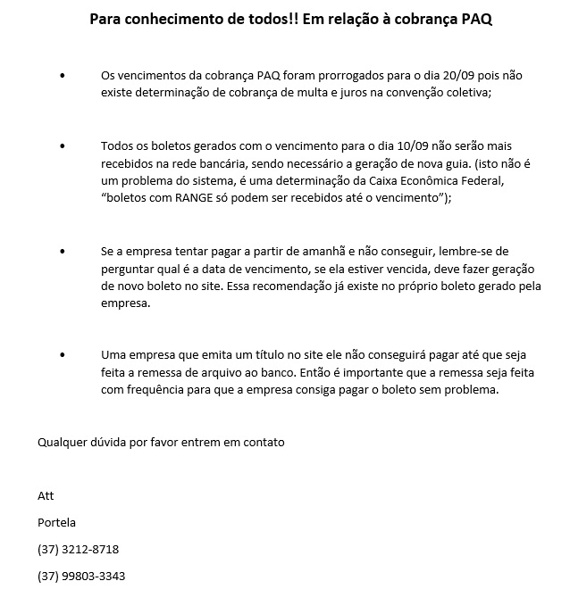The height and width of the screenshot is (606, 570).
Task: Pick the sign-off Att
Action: pos(46,496)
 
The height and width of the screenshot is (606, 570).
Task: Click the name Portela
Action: pos(57,522)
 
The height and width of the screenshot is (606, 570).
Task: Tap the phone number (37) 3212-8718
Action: pos(78,549)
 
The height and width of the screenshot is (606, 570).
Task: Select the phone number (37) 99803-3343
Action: pos(81,576)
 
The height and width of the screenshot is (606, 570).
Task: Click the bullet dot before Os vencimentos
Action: pos(62,77)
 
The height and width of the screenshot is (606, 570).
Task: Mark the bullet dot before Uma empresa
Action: pos(62,355)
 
